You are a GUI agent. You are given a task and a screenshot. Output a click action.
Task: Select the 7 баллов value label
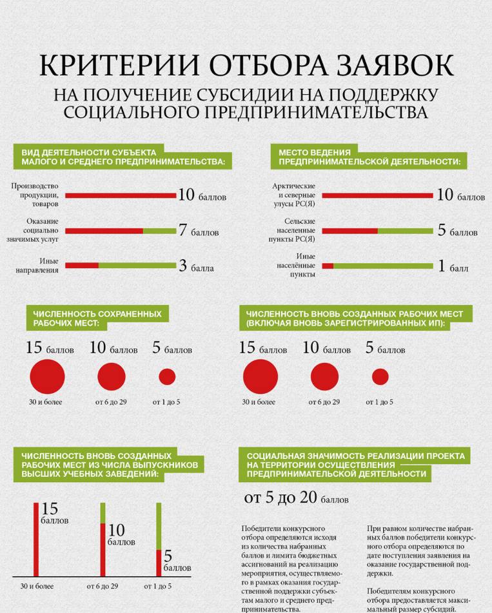(199, 231)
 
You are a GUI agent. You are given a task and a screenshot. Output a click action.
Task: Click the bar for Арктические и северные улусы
(377, 195)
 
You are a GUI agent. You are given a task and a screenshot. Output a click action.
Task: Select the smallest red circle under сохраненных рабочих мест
(167, 377)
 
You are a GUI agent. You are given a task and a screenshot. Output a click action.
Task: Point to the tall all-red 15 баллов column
(37, 539)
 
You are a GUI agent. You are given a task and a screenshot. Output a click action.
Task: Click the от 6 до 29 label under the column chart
(103, 586)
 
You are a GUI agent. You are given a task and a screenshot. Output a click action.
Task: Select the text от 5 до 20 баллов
(296, 498)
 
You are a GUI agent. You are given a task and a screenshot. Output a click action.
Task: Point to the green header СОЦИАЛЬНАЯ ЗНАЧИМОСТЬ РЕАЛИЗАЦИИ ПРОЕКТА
(355, 465)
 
